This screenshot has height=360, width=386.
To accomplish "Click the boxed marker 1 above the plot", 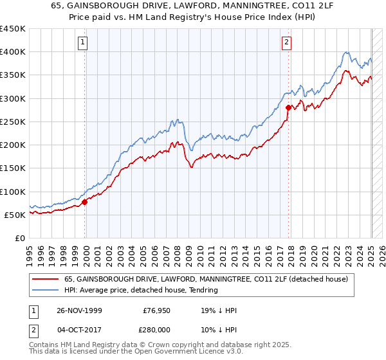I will pyautogui.click(x=84, y=43).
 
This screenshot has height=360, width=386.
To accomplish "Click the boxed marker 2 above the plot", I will pyautogui.click(x=286, y=43).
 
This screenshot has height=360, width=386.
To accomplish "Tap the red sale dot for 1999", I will pyautogui.click(x=85, y=202).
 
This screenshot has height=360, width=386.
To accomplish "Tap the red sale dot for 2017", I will pyautogui.click(x=288, y=108).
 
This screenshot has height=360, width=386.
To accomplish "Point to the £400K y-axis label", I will pyautogui.click(x=13, y=52).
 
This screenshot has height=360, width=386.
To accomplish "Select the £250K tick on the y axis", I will pyautogui.click(x=13, y=122).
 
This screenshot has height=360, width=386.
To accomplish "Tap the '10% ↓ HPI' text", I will pyautogui.click(x=219, y=328).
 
